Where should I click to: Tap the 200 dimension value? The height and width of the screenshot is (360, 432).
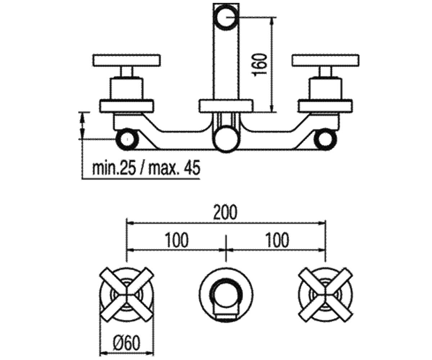tap(225, 212)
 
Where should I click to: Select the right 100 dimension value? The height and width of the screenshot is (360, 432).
tap(278, 240)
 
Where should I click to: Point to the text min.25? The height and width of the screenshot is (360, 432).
tap(114, 168)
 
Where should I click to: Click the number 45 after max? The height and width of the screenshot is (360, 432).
tap(193, 168)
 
